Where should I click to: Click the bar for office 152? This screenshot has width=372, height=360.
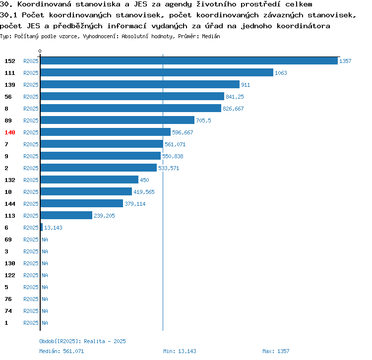pos(189,61)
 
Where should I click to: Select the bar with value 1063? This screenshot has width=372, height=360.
pos(157,72)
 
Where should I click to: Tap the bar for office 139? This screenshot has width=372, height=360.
pos(140,84)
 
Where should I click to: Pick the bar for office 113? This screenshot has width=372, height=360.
pos(66,215)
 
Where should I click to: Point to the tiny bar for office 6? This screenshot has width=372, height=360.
pos(42,227)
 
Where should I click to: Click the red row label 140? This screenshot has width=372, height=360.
pos(10,132)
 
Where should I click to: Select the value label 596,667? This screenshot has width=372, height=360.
pos(183,132)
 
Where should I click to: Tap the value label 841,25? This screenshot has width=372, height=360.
pos(235,97)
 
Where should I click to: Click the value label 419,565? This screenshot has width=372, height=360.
pos(144,192)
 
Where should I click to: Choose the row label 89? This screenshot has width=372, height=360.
pos(8,120)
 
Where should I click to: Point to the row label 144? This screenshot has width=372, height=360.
pos(10,204)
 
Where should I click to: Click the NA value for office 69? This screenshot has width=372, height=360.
pos(45,240)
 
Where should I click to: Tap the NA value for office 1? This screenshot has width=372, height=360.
pos(45,323)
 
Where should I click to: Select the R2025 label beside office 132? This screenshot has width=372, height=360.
pos(31,180)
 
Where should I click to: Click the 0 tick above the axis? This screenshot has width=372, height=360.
pos(40,51)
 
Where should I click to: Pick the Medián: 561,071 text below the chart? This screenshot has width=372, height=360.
pos(62,351)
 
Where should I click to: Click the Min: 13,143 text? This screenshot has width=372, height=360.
pos(180,351)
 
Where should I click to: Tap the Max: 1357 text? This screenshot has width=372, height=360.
pos(276,351)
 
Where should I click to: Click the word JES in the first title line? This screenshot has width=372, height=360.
pos(140,4)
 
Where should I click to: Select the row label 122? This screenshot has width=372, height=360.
pos(10,275)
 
